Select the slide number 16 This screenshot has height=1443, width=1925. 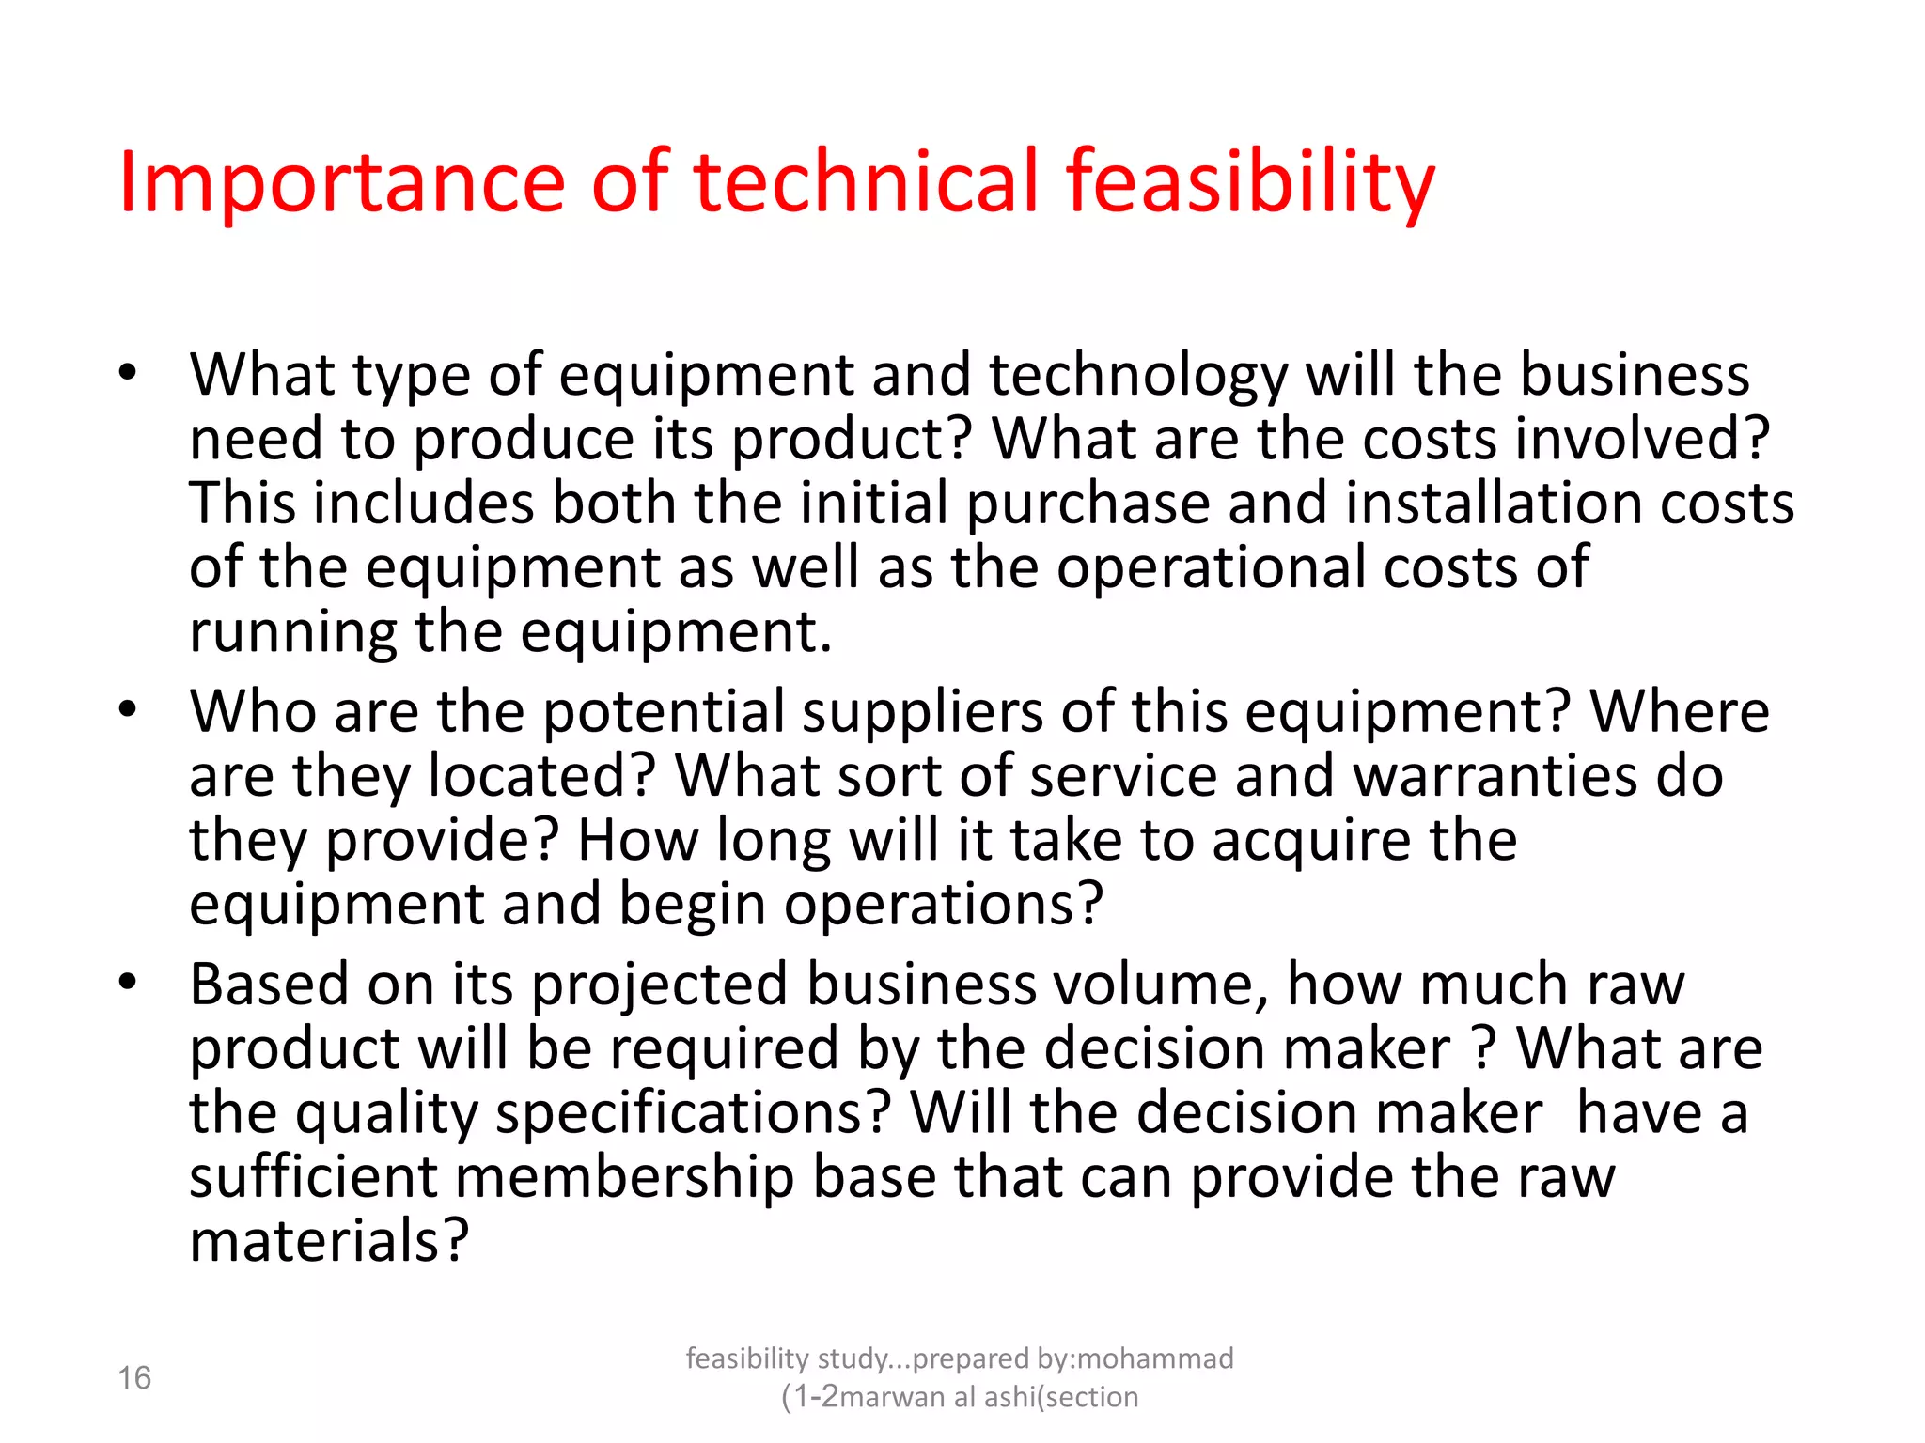point(134,1378)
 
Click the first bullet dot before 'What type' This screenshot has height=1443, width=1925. point(128,373)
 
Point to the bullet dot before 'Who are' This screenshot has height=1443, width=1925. point(128,709)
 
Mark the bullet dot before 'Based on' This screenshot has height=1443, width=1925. point(128,983)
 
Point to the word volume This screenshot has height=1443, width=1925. point(1161,985)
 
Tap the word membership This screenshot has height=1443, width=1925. point(624,1177)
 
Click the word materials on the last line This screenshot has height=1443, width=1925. point(329,1241)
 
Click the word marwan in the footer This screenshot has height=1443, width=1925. point(892,1397)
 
